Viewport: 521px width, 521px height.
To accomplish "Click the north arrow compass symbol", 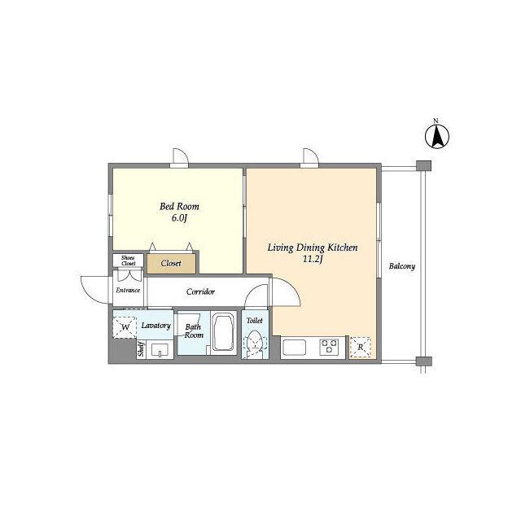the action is tap(437, 136).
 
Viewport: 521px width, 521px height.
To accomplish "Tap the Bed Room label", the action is tap(179, 206).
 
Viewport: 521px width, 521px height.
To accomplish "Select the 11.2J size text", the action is tap(313, 259).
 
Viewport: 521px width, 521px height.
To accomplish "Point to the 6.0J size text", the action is tap(179, 218).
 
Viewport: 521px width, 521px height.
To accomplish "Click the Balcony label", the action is tap(402, 266).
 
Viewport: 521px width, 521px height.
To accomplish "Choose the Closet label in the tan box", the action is tap(171, 264).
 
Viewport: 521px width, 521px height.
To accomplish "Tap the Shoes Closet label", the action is tap(128, 260).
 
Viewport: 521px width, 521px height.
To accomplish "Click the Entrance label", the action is tap(128, 290).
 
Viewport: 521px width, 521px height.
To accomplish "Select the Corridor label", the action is tap(201, 291).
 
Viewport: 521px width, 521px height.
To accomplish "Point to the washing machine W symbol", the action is tap(125, 327).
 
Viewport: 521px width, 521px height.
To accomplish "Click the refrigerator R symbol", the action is tap(361, 348).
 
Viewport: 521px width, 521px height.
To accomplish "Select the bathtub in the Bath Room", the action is tap(224, 333).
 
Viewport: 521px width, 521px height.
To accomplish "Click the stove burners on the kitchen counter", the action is tap(329, 347).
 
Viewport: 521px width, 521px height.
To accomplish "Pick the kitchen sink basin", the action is tap(295, 348).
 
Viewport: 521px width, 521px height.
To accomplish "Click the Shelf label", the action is tap(141, 349).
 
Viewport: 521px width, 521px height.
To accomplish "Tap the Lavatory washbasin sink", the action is tap(160, 350).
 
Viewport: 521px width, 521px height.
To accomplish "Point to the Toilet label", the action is tap(255, 321).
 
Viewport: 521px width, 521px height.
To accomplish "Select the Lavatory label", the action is tap(155, 326).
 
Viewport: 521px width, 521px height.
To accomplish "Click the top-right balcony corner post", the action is tap(423, 165).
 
